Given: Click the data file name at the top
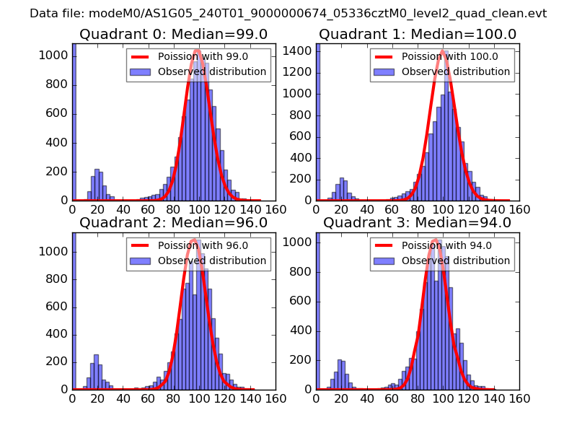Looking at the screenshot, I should pos(288,14).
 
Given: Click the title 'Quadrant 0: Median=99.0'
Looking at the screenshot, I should pos(173,35).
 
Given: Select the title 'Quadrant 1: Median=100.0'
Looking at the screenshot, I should pos(418,35).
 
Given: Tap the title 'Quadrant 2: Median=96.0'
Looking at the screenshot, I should pos(173,223).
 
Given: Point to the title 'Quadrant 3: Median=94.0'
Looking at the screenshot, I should pos(418,223).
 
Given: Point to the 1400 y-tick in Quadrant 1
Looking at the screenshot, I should pos(299,50).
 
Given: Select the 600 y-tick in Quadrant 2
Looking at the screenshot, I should pos(58,307).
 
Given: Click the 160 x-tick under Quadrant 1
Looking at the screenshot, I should pos(519,209).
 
